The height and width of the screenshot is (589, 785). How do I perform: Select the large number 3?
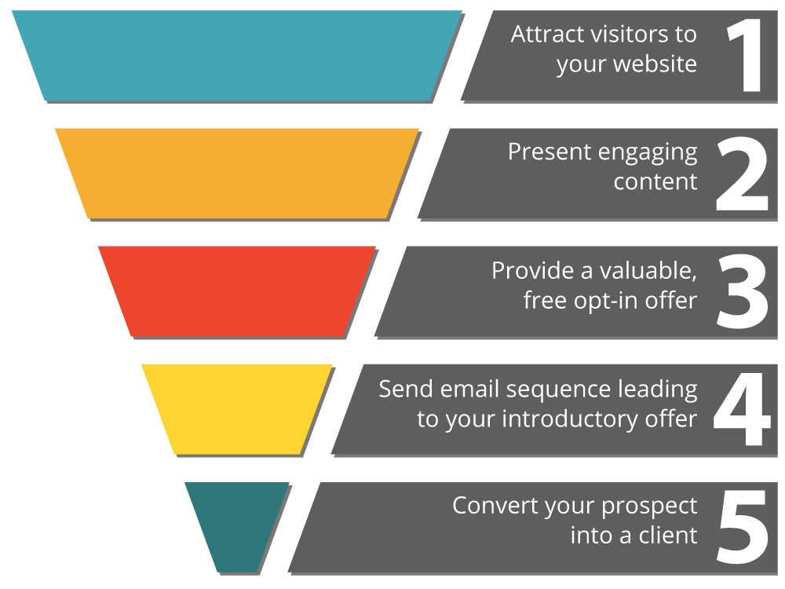[x=741, y=291]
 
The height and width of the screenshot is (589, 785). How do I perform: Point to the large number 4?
[x=742, y=409]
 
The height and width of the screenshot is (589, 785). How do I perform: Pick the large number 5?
[x=742, y=527]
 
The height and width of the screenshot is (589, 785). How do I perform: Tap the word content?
[x=655, y=182]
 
